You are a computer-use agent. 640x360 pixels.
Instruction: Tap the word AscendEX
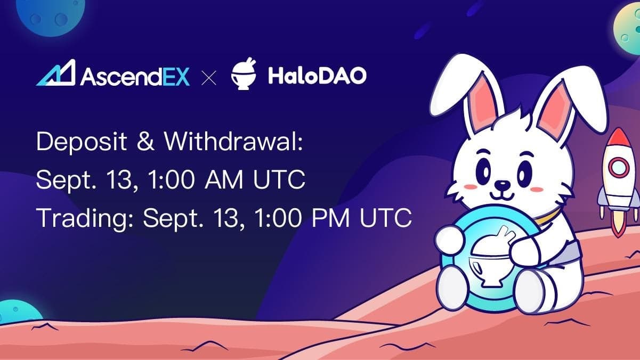pyautogui.click(x=135, y=76)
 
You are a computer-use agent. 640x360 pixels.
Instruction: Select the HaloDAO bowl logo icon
pyautogui.click(x=243, y=75)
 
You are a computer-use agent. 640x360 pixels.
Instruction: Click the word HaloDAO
pyautogui.click(x=317, y=76)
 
